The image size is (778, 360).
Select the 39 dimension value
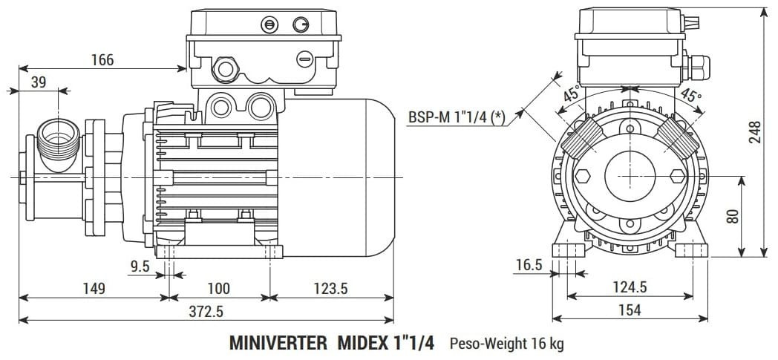38,82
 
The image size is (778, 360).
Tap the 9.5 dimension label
140,265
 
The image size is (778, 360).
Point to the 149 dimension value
93,288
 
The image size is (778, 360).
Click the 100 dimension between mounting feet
218,288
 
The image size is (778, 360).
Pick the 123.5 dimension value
330,288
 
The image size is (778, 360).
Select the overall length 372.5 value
206,311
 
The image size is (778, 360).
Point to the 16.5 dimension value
529,265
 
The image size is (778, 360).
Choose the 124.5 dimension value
629,287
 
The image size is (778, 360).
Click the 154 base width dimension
629,310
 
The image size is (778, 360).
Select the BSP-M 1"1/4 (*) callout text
457,117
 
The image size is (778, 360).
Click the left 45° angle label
572,94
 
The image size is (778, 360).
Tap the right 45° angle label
690,95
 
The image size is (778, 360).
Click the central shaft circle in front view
629,176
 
